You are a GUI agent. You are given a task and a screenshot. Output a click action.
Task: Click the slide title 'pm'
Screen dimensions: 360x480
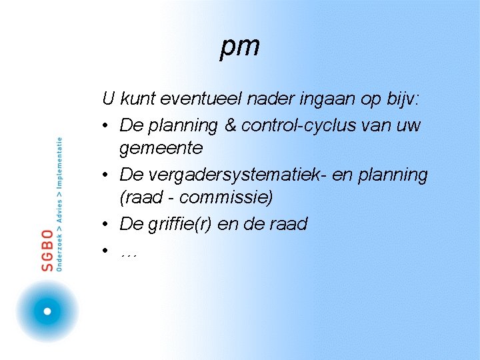240,47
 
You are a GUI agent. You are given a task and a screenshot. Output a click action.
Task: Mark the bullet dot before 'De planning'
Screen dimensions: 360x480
107,126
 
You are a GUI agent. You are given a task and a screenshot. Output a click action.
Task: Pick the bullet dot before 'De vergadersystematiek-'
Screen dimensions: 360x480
107,175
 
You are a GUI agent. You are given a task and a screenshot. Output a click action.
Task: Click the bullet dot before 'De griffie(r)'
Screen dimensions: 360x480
107,225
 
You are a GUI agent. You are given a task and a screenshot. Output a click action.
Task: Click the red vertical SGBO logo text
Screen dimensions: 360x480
47,250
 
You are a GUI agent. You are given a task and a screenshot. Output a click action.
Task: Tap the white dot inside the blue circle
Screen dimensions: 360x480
47,311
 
